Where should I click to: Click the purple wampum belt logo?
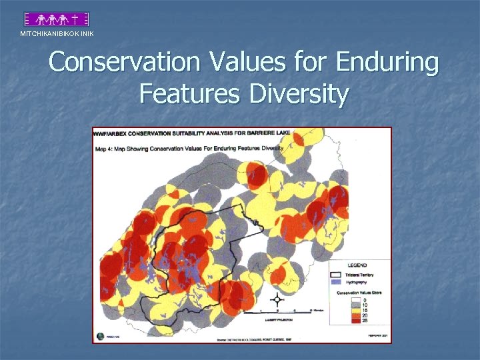pos(57,19)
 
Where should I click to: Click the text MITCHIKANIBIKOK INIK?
pos(57,34)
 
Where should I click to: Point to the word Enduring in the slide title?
pos(387,63)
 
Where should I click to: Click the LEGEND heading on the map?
pos(357,265)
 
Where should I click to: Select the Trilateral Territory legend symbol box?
pos(337,274)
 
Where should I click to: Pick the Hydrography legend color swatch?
pos(337,282)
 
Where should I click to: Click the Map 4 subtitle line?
pos(189,148)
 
